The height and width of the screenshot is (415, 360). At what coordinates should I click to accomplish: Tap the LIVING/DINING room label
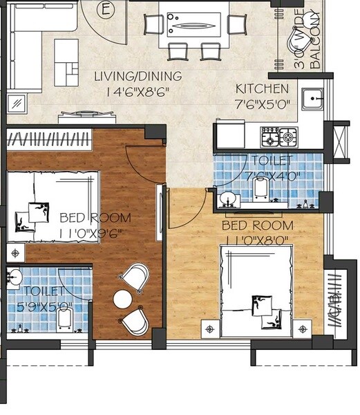pos(129,76)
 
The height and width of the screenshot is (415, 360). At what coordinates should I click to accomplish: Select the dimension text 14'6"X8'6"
pos(129,91)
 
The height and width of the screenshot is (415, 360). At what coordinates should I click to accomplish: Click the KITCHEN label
pos(263,89)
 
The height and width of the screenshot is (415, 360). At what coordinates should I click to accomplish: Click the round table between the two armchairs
pos(123,299)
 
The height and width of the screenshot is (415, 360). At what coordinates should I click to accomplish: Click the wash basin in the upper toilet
pos(227,201)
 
